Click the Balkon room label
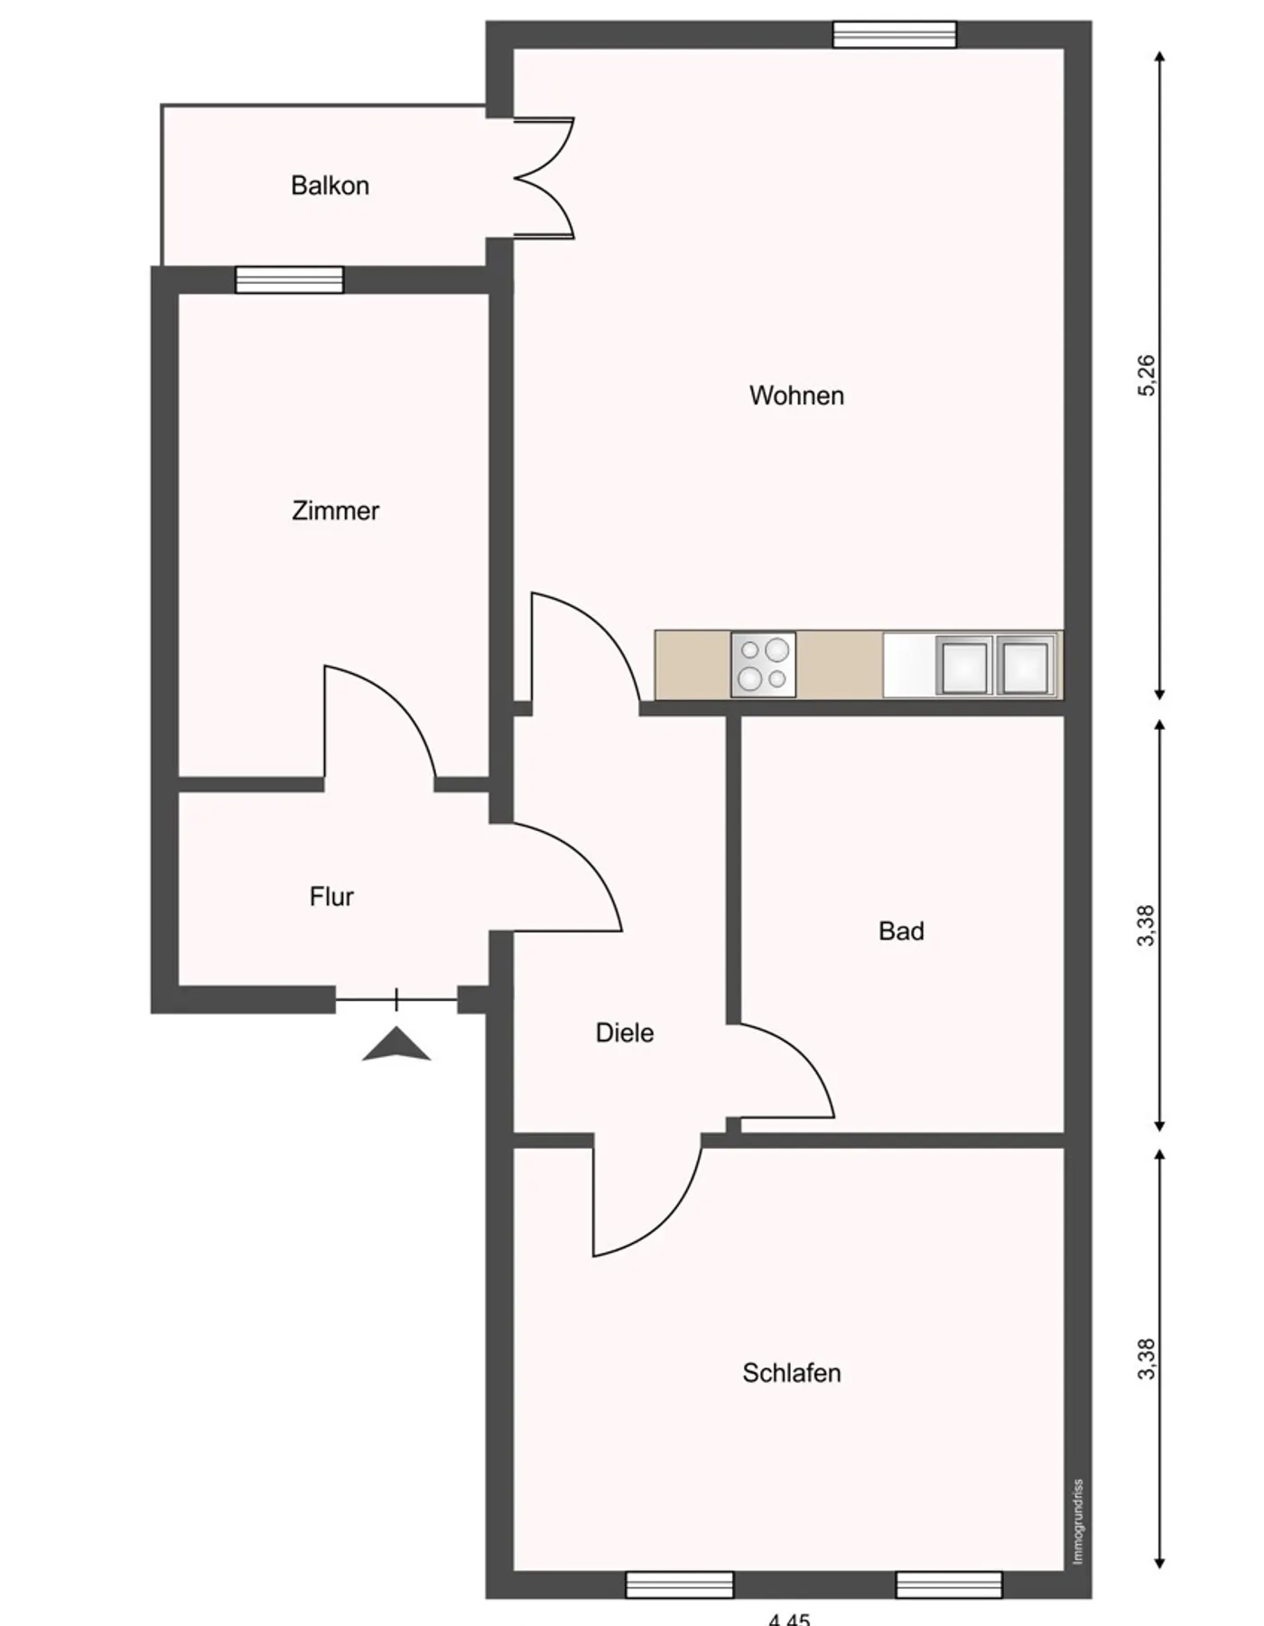tap(330, 186)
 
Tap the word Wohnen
tap(796, 396)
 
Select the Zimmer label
tap(335, 511)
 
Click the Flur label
tap(331, 897)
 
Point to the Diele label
tap(624, 1033)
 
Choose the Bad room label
tap(901, 931)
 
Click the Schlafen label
tap(791, 1373)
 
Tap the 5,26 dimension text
tap(1146, 376)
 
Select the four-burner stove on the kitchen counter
tap(763, 665)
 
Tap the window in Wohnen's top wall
tap(894, 34)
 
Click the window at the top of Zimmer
tap(289, 280)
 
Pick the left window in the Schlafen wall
tap(679, 1584)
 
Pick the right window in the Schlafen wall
tap(949, 1584)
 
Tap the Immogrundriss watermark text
tap(1077, 1522)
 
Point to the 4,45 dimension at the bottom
tap(789, 1619)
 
